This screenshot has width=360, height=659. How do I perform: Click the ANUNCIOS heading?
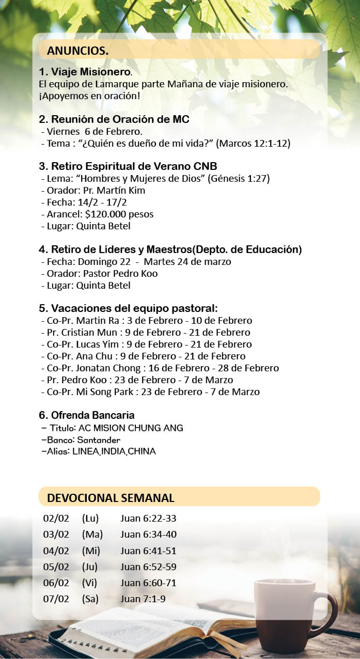pyautogui.click(x=77, y=51)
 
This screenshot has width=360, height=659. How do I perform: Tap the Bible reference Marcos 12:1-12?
pyautogui.click(x=253, y=144)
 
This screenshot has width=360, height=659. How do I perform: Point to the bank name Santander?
pyautogui.click(x=99, y=440)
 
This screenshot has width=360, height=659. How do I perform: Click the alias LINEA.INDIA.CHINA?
pyautogui.click(x=114, y=451)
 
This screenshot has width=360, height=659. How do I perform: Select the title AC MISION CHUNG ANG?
pyautogui.click(x=131, y=428)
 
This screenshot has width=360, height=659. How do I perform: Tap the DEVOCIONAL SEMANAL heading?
pyautogui.click(x=111, y=498)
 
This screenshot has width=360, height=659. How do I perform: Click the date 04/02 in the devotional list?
pyautogui.click(x=56, y=551)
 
